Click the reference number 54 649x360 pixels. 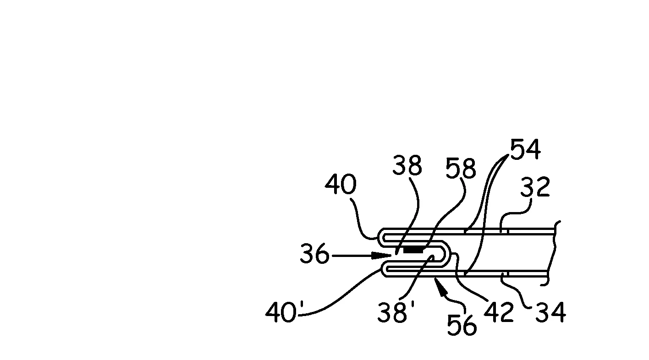click(525, 149)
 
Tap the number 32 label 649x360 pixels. click(535, 187)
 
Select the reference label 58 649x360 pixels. click(461, 168)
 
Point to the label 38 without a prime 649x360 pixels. click(407, 165)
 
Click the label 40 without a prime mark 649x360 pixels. click(341, 184)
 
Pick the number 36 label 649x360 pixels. click(315, 254)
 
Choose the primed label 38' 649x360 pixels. click(396, 311)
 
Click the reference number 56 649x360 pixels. click(462, 325)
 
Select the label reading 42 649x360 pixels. click(499, 312)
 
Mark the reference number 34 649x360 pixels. click(550, 312)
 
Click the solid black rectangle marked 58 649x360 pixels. click(413, 250)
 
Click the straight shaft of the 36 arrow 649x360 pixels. click(352, 256)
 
